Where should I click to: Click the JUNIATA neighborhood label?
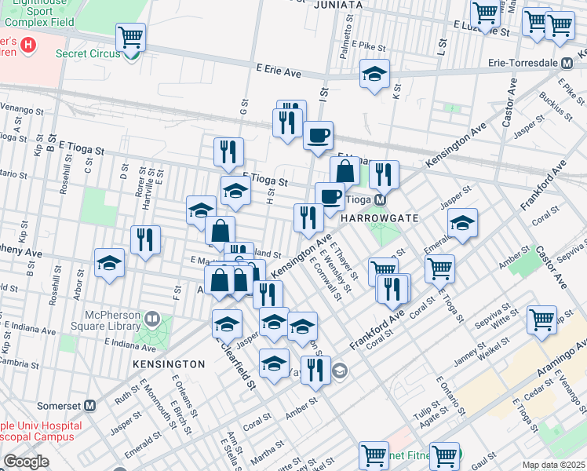click(x=337, y=5)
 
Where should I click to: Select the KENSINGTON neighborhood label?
click(x=168, y=365)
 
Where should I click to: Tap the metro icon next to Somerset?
click(x=90, y=406)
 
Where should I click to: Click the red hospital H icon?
click(x=28, y=45)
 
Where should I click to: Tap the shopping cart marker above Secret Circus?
click(x=130, y=36)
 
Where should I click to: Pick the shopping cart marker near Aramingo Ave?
click(x=541, y=319)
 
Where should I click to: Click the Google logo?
click(x=26, y=462)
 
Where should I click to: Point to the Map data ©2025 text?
click(x=553, y=465)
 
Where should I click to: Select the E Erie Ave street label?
click(x=279, y=71)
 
